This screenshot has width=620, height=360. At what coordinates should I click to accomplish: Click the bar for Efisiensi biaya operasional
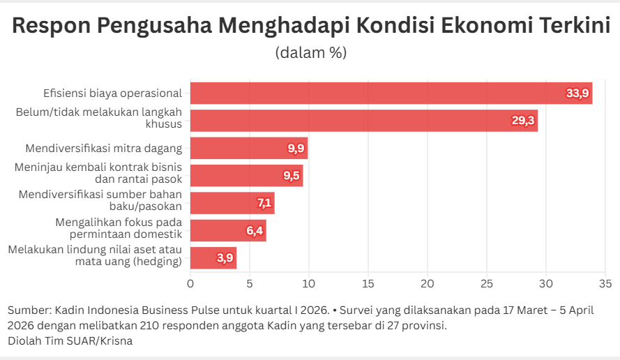pyautogui.click(x=391, y=93)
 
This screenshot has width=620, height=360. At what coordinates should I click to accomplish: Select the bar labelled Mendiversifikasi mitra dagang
pyautogui.click(x=248, y=148)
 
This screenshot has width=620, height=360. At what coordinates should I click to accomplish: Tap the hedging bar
pyautogui.click(x=213, y=257)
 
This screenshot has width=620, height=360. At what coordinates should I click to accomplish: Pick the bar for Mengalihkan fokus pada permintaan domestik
pyautogui.click(x=227, y=230)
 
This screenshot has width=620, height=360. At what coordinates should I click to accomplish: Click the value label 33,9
pyautogui.click(x=577, y=93)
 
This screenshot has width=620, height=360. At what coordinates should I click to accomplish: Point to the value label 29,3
pyautogui.click(x=523, y=121)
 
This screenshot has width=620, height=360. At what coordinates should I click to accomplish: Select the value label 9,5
pyautogui.click(x=292, y=176)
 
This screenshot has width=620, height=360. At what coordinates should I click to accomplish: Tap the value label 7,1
pyautogui.click(x=264, y=203)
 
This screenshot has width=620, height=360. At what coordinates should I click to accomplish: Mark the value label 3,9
pyautogui.click(x=225, y=258)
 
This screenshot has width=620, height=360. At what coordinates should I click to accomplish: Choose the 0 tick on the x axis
pyautogui.click(x=190, y=284)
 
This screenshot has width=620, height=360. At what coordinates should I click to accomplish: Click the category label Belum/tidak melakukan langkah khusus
pyautogui.click(x=98, y=117)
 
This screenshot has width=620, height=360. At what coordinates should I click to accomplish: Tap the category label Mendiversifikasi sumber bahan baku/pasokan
pyautogui.click(x=100, y=200)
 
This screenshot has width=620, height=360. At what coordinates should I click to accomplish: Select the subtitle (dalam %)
pyautogui.click(x=310, y=52)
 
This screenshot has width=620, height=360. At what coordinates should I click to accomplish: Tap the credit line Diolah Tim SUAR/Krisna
pyautogui.click(x=70, y=341)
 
